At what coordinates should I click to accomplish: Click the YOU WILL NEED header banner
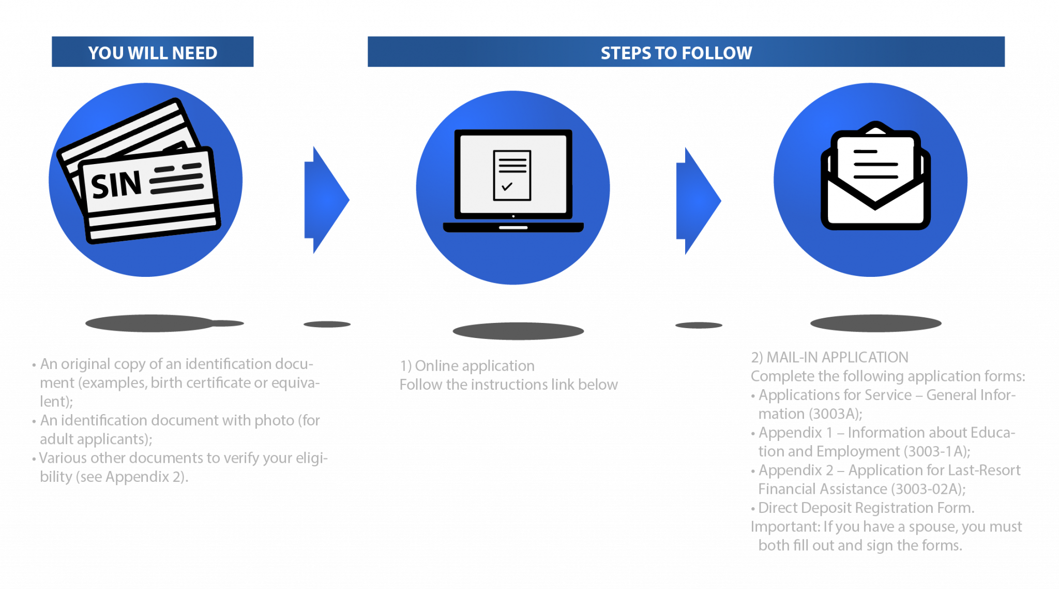pyautogui.click(x=153, y=52)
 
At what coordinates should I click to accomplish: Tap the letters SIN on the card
pyautogui.click(x=116, y=185)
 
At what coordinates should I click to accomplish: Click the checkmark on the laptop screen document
pyautogui.click(x=507, y=186)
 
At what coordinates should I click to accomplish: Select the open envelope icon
pyautogui.click(x=875, y=176)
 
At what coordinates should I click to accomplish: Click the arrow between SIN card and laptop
pyautogui.click(x=326, y=200)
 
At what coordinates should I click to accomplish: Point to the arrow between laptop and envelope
pyautogui.click(x=698, y=201)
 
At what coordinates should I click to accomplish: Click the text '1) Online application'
pyautogui.click(x=467, y=366)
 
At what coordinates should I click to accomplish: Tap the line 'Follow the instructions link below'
pyautogui.click(x=508, y=385)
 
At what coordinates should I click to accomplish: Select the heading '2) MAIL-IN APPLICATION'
pyautogui.click(x=829, y=358)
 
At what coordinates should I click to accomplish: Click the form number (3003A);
pyautogui.click(x=836, y=414)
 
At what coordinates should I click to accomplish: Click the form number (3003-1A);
pyautogui.click(x=936, y=451)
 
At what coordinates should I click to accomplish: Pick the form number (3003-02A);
pyautogui.click(x=929, y=489)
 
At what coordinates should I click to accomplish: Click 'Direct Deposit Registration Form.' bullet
pyautogui.click(x=866, y=508)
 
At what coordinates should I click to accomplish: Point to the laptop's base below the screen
pyautogui.click(x=513, y=227)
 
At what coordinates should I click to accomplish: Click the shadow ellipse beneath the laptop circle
pyautogui.click(x=518, y=331)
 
